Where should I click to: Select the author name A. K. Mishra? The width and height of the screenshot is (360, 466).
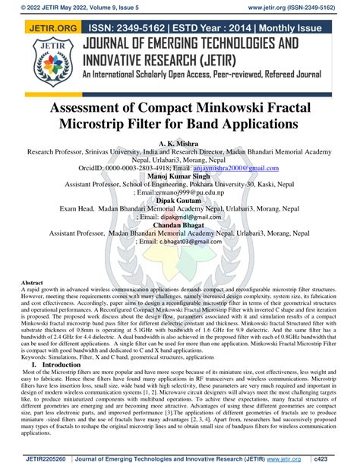pos(179,144)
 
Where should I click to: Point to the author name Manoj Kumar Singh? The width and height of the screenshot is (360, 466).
pos(179,176)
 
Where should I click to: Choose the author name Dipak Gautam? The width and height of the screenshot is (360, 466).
pos(179,201)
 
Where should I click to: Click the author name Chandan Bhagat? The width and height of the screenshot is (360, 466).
pos(179,225)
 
